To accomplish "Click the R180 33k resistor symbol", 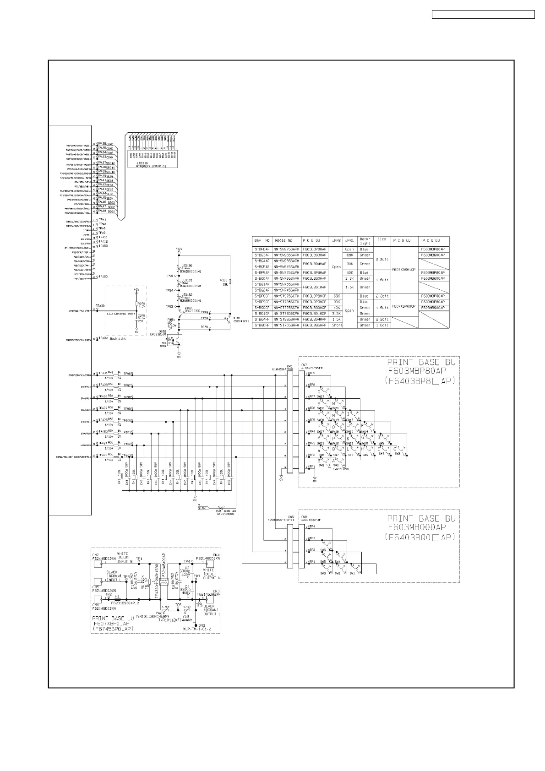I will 230,282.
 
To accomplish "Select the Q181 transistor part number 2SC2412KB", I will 241,321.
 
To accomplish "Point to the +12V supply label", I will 179,248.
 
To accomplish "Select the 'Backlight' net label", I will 118,338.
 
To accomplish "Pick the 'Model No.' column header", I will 286,240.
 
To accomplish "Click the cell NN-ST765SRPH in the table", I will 286,325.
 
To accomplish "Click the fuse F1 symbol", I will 118,599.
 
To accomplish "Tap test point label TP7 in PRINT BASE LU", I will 197,576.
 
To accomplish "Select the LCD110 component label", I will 136,163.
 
